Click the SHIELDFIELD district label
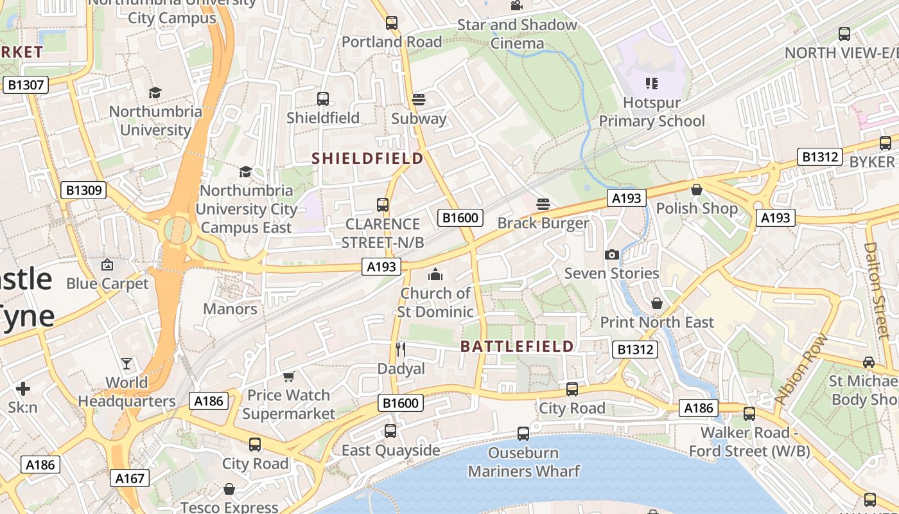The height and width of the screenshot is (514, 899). [367, 158]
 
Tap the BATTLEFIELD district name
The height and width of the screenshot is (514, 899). [517, 346]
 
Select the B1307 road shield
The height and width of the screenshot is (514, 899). [26, 85]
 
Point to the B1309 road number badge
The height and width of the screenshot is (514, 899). [83, 190]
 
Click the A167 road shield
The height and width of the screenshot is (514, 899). [130, 478]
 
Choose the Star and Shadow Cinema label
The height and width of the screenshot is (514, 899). [517, 34]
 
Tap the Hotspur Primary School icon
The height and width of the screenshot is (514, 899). [652, 83]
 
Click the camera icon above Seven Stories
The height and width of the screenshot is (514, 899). [611, 254]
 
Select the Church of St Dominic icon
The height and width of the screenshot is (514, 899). [435, 274]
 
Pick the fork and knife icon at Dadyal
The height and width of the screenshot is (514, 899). [401, 349]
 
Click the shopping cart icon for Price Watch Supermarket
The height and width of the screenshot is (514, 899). [288, 376]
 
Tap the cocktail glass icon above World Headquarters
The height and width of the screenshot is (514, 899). [127, 364]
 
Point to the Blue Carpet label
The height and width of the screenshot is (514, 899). [107, 283]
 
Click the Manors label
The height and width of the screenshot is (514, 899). [230, 309]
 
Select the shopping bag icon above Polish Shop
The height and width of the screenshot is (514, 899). [696, 190]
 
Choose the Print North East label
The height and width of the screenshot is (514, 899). [657, 323]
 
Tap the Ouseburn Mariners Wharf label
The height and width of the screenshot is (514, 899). [523, 462]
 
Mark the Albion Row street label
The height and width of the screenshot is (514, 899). [801, 369]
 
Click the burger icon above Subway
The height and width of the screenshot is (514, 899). [419, 99]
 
